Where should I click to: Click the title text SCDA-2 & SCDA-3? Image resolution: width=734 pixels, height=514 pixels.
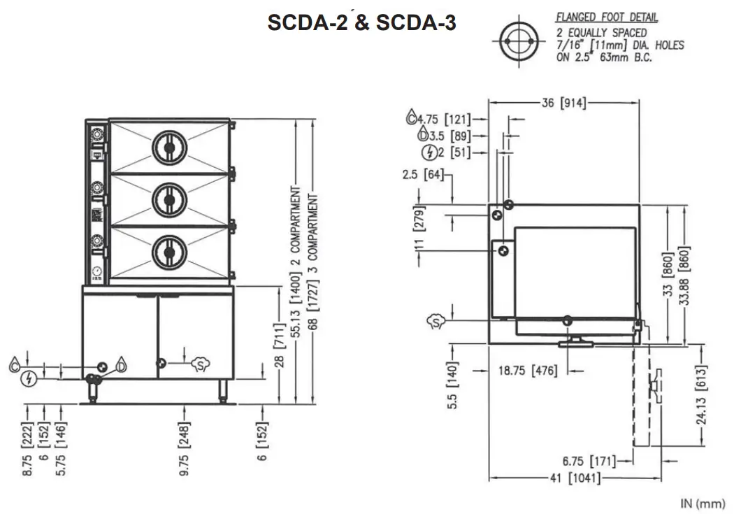361,22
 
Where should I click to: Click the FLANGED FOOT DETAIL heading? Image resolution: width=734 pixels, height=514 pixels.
607,17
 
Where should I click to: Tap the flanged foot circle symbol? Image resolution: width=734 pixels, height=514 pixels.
519,41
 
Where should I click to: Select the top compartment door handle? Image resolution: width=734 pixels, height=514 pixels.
169,148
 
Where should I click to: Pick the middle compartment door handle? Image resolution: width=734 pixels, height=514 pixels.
169,200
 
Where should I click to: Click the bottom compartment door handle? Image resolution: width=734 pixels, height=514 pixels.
169,252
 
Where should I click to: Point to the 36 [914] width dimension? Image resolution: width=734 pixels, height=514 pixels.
563,103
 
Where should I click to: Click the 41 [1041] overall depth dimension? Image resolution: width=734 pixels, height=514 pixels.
575,478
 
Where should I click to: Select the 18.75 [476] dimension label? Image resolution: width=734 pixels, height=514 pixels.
528,371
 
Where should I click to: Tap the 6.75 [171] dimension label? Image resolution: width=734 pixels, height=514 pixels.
589,461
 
